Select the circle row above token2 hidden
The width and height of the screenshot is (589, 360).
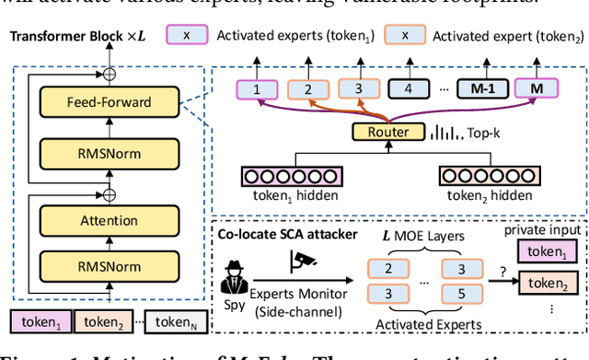488,176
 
